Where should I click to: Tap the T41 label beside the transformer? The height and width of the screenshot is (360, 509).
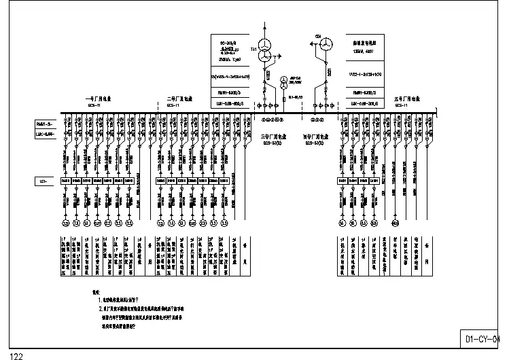pos(254,51)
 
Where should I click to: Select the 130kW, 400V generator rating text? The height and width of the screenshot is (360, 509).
pos(364,50)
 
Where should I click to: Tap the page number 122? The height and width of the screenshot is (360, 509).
pos(16,355)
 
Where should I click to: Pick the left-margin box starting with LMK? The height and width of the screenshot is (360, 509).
pos(44,134)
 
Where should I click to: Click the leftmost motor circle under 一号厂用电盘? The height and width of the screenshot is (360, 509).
pos(66,223)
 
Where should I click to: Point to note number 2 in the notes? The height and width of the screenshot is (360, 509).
pos(99,307)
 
